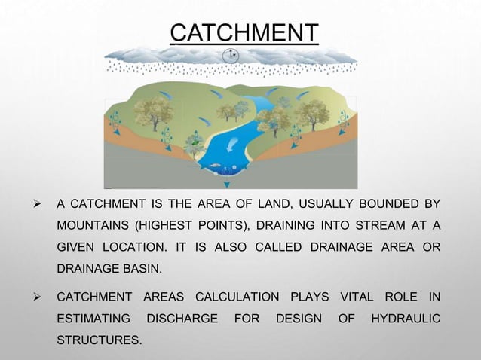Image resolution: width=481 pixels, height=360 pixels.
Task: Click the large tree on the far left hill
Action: click(x=146, y=111)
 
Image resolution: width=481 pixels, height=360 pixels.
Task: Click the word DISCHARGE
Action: click(x=180, y=319)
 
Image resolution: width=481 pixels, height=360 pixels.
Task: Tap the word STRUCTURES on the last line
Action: click(x=98, y=342)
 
